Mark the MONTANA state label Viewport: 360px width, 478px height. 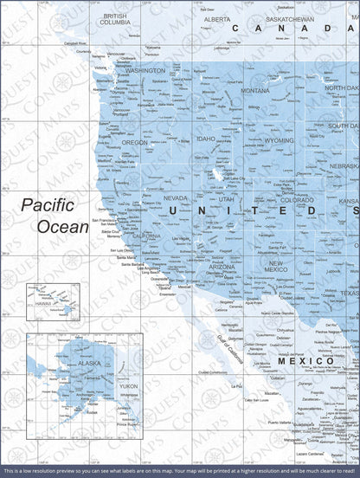click(x=254, y=90)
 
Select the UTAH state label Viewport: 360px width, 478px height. click(x=227, y=198)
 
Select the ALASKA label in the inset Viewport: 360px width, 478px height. click(x=66, y=365)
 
